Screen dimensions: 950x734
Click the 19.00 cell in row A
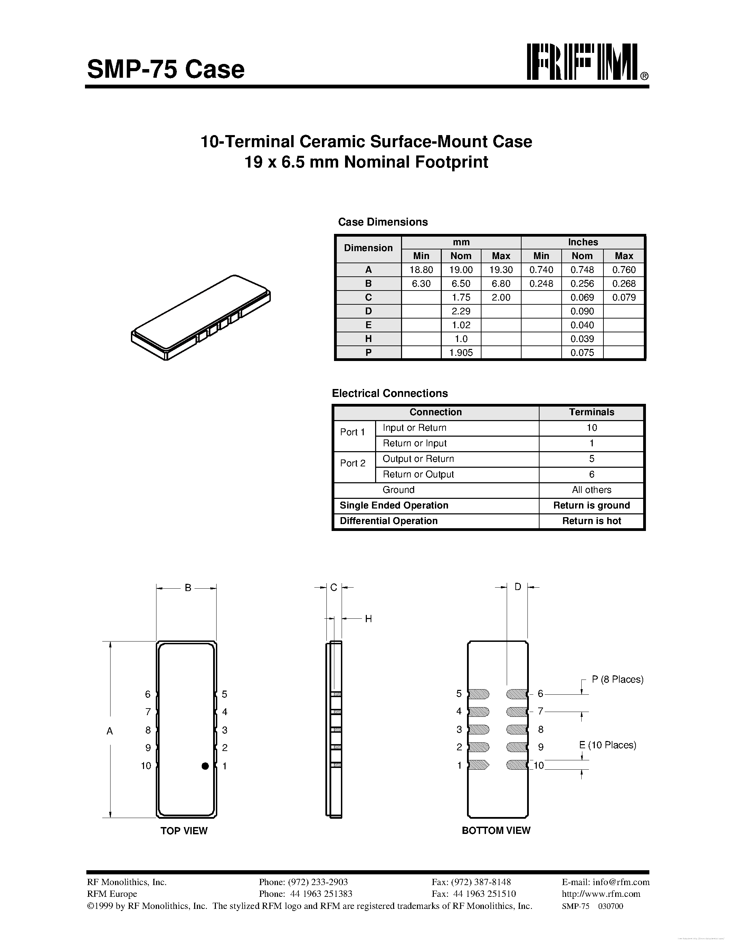(x=461, y=270)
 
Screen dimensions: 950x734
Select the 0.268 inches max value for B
(x=624, y=284)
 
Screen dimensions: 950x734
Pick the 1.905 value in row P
(x=461, y=353)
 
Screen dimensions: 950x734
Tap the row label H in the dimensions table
(x=368, y=339)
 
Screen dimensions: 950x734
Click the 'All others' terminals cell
(x=591, y=490)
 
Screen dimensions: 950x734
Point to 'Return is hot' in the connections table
(x=591, y=521)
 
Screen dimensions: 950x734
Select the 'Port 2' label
(x=353, y=463)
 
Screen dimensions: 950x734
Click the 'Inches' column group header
(x=583, y=242)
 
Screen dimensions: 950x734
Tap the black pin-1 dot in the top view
(x=205, y=766)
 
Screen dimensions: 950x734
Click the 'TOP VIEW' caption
(x=184, y=831)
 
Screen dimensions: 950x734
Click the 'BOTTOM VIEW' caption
(x=496, y=830)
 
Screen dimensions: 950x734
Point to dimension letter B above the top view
(x=188, y=588)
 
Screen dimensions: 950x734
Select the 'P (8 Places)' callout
(x=618, y=680)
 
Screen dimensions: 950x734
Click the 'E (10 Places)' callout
(x=608, y=745)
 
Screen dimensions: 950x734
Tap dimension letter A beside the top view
(x=109, y=731)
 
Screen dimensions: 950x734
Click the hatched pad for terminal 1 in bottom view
(x=479, y=765)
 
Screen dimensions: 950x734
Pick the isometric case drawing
(x=201, y=317)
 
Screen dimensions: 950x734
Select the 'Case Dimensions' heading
(x=383, y=222)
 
